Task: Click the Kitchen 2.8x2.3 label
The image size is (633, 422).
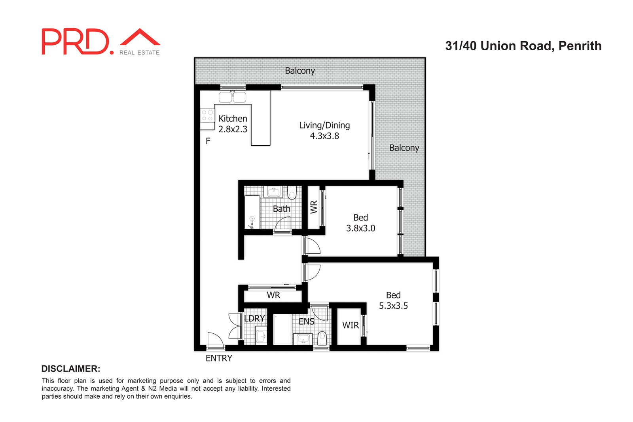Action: pos(233,124)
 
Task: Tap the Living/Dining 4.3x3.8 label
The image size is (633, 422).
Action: pos(324,130)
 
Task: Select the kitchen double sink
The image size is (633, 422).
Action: pos(232,97)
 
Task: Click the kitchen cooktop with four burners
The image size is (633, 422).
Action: pos(207,116)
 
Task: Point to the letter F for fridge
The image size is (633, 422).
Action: pos(208,141)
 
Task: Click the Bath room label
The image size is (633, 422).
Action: pos(281,209)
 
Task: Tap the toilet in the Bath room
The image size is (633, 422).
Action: pos(292,193)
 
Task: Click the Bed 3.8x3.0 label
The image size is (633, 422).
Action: pos(360,223)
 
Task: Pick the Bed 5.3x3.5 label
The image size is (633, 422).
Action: pos(393,300)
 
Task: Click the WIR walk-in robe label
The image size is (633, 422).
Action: pos(350,325)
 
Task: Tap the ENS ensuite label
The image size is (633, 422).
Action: pos(306,321)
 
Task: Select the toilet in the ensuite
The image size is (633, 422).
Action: pos(322,338)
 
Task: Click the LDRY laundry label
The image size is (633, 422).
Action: pos(254,319)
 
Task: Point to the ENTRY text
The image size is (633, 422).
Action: pos(219,358)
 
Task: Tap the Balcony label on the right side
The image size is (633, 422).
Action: pos(404,148)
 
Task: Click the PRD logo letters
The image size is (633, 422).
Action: pos(75,42)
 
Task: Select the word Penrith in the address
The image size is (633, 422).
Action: pos(580,46)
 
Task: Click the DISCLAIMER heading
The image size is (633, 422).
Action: pos(71,369)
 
